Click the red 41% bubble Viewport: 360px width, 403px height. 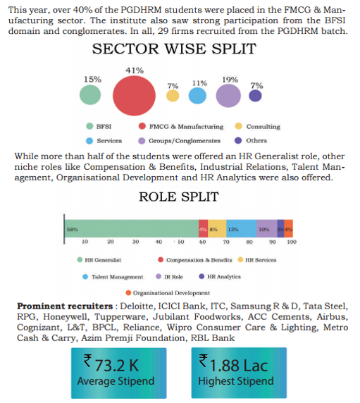tap(134, 96)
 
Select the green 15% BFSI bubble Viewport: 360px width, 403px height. tap(90, 95)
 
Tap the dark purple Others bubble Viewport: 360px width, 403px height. tap(255, 96)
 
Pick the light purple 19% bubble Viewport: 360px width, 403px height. tap(228, 96)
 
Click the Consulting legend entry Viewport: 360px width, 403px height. tap(257, 126)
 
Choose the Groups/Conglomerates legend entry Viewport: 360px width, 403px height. tap(180, 141)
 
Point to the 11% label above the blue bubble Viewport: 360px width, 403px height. tap(199, 83)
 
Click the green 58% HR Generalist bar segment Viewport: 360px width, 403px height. tap(131, 228)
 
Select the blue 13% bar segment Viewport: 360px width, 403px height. tap(241, 228)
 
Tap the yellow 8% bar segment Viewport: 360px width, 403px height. tap(217, 228)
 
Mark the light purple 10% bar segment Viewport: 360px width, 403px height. tap(267, 228)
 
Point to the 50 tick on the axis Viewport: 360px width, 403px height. tap(181, 242)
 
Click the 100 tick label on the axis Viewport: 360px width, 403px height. tap(292, 242)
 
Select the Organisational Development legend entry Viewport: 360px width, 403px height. tap(168, 293)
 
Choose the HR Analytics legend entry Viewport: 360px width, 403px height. tap(220, 277)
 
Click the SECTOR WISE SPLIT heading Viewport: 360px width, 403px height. tap(174, 49)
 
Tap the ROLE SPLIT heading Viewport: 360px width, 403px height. tap(179, 197)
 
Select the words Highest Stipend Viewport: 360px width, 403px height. tap(236, 381)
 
